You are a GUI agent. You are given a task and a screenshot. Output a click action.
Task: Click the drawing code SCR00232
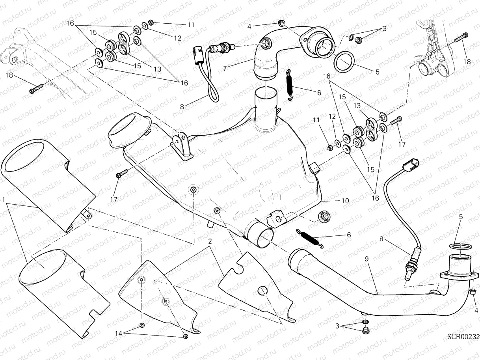463,337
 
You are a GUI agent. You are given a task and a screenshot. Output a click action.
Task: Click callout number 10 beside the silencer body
345,201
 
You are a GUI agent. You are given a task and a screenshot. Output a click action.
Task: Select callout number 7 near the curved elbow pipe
225,68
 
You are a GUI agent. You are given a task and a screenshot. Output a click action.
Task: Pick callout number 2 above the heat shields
211,241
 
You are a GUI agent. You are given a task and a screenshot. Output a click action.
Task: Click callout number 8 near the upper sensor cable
182,106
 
